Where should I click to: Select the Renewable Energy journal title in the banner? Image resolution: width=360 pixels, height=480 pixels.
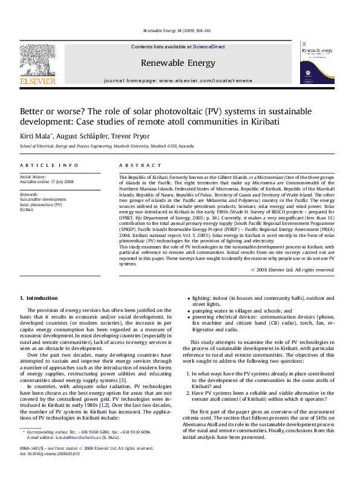177,63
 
